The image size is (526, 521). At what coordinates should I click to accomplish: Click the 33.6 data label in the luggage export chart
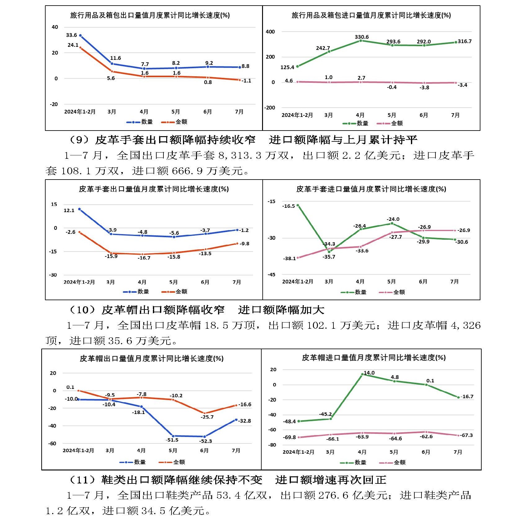pyautogui.click(x=71, y=35)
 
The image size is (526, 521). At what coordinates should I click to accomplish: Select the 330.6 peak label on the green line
pyautogui.click(x=362, y=37)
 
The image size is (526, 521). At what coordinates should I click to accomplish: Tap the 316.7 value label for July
pyautogui.click(x=465, y=42)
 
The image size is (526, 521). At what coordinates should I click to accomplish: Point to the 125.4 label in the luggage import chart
pyautogui.click(x=287, y=67)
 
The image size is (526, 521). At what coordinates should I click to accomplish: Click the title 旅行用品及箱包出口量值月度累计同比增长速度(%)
pyautogui.click(x=150, y=15)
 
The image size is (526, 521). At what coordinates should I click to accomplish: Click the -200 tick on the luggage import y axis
pyautogui.click(x=270, y=108)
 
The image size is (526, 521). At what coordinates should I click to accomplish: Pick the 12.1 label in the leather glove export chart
pyautogui.click(x=69, y=211)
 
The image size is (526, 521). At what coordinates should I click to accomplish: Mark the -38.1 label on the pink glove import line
pyautogui.click(x=289, y=259)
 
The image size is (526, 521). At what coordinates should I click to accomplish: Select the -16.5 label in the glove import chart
pyautogui.click(x=288, y=206)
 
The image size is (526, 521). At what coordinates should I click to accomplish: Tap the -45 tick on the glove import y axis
pyautogui.click(x=271, y=275)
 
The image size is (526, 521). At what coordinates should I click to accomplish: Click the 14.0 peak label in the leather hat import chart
pyautogui.click(x=369, y=373)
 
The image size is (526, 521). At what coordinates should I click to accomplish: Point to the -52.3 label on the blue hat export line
pyautogui.click(x=206, y=441)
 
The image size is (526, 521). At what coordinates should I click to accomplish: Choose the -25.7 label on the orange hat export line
pyautogui.click(x=207, y=417)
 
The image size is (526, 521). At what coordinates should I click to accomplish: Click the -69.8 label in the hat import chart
pyautogui.click(x=289, y=438)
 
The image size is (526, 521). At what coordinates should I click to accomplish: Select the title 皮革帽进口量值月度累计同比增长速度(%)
pyautogui.click(x=374, y=358)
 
